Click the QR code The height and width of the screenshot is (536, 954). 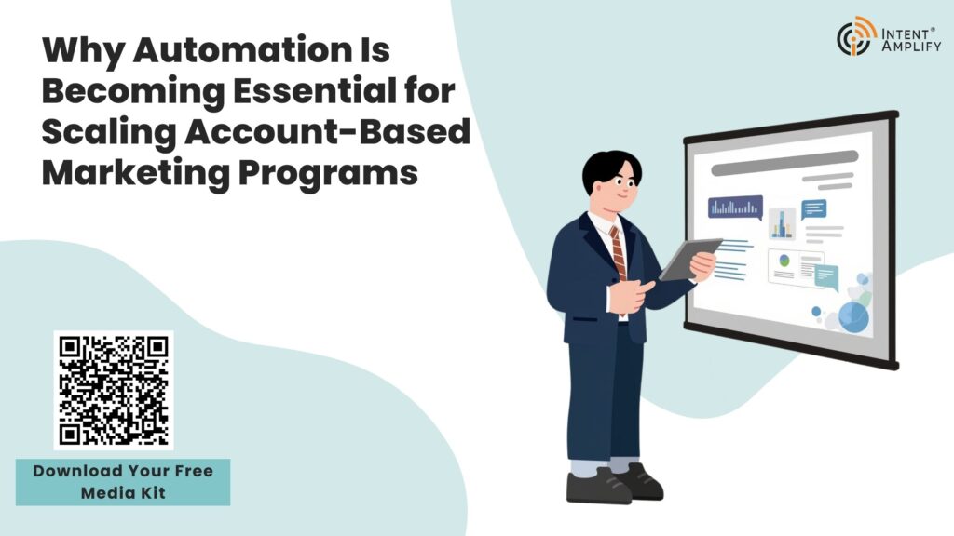114,390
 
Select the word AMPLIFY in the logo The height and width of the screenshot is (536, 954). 911,46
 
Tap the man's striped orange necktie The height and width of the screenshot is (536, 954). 618,252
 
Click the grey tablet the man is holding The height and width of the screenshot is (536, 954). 690,259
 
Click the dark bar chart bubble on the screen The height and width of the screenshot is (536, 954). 735,207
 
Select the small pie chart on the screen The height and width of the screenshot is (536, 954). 784,261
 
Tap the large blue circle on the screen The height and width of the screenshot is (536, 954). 853,317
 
